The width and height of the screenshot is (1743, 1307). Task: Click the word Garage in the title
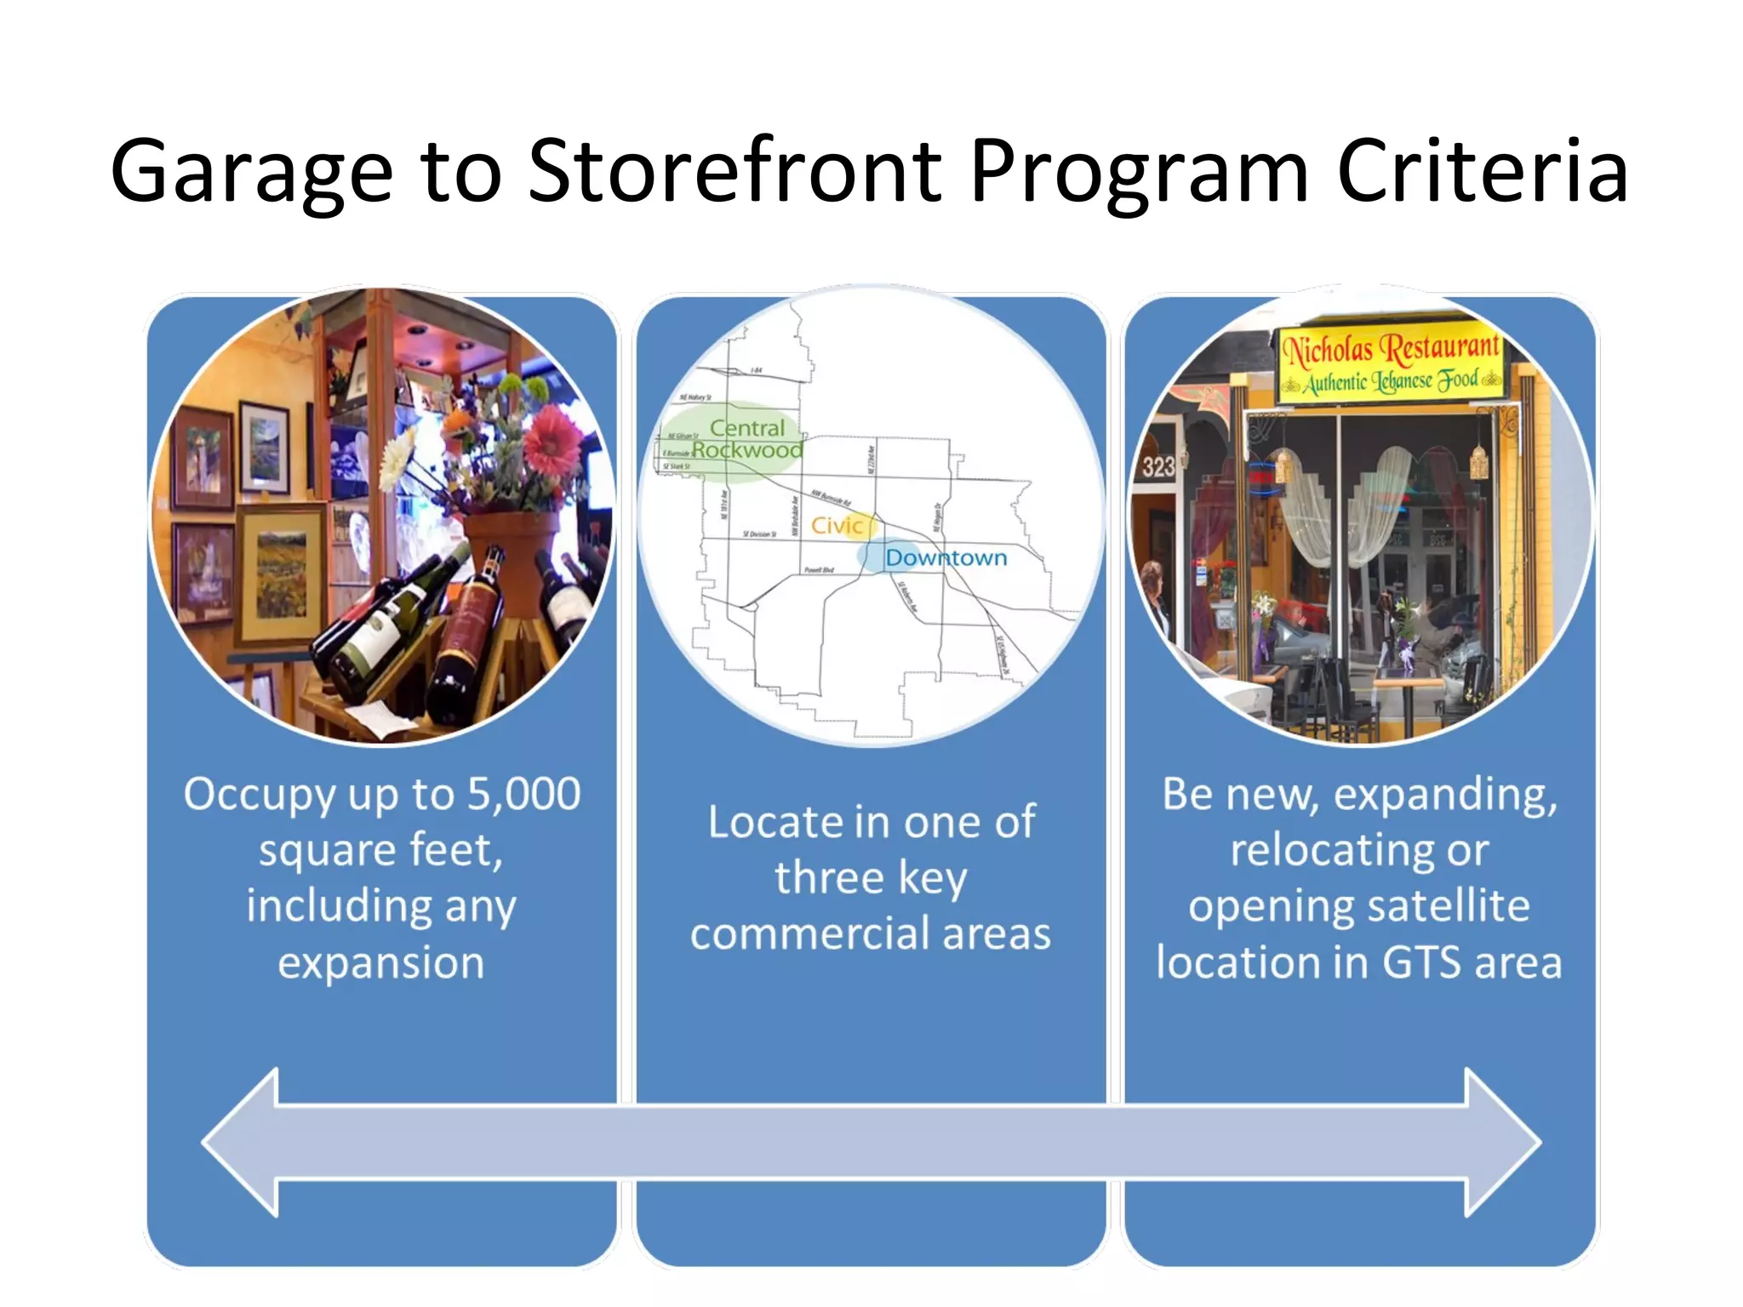(x=251, y=173)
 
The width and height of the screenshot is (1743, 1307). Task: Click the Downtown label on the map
(x=946, y=558)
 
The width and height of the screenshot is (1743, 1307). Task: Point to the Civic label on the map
(x=837, y=525)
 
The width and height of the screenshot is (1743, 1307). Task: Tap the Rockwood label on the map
(x=747, y=450)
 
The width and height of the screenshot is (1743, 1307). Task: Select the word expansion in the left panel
(x=381, y=963)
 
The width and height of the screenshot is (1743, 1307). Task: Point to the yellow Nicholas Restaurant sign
(x=1392, y=364)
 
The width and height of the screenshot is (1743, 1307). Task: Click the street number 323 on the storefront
(x=1157, y=466)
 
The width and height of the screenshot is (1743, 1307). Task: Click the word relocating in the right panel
(x=1359, y=850)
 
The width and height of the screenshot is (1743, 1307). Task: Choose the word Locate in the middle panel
(x=774, y=823)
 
